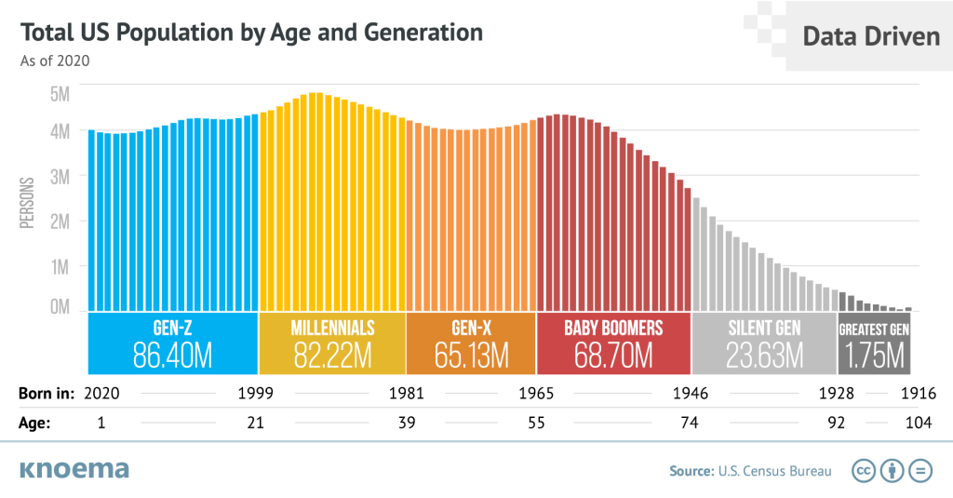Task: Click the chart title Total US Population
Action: pos(251,33)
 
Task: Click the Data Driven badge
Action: pos(870,36)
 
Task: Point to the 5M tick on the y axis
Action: pos(60,93)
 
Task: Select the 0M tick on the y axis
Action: pos(60,306)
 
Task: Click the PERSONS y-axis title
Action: pos(28,202)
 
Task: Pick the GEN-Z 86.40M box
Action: pos(172,343)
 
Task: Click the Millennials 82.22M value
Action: pos(332,355)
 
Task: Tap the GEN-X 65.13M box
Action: pos(471,343)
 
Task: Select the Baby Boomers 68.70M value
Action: pos(613,355)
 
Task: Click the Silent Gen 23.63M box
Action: pos(764,343)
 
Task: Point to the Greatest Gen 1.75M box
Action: pos(874,343)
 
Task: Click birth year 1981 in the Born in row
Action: pos(406,394)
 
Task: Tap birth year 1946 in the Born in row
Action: pos(690,394)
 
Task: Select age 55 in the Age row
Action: pos(536,423)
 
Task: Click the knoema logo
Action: pos(74,469)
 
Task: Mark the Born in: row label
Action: pos(46,394)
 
